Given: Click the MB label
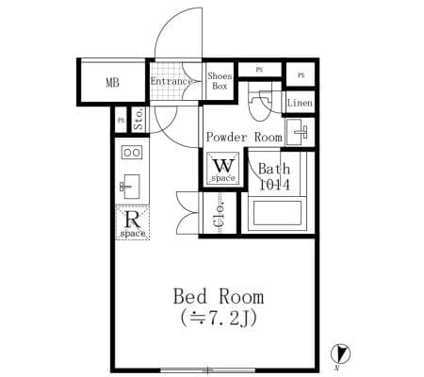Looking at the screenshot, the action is tap(112, 83).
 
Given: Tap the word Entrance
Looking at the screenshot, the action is tap(171, 81).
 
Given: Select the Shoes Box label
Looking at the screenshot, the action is tap(220, 81).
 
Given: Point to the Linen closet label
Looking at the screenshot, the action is tap(300, 103).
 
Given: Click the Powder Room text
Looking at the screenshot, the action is tap(244, 138).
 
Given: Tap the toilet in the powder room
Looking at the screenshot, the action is tap(260, 102).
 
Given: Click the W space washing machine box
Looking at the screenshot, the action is tap(223, 169).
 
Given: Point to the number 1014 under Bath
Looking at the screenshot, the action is tap(274, 185).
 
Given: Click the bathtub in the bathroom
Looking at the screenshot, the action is tap(277, 214).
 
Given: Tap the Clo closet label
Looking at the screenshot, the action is tap(220, 213).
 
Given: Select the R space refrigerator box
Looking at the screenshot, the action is tap(133, 222).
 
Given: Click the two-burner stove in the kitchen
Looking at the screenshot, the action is tap(132, 153).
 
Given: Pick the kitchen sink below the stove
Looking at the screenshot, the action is tap(130, 187).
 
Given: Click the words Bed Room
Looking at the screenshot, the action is tap(219, 297).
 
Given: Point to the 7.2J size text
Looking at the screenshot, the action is tap(219, 319).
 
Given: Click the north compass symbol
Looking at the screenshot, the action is tap(340, 354).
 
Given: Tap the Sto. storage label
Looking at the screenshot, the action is tap(139, 119).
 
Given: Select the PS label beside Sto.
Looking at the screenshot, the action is tap(121, 120).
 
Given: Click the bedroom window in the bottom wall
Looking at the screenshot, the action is tap(207, 370).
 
